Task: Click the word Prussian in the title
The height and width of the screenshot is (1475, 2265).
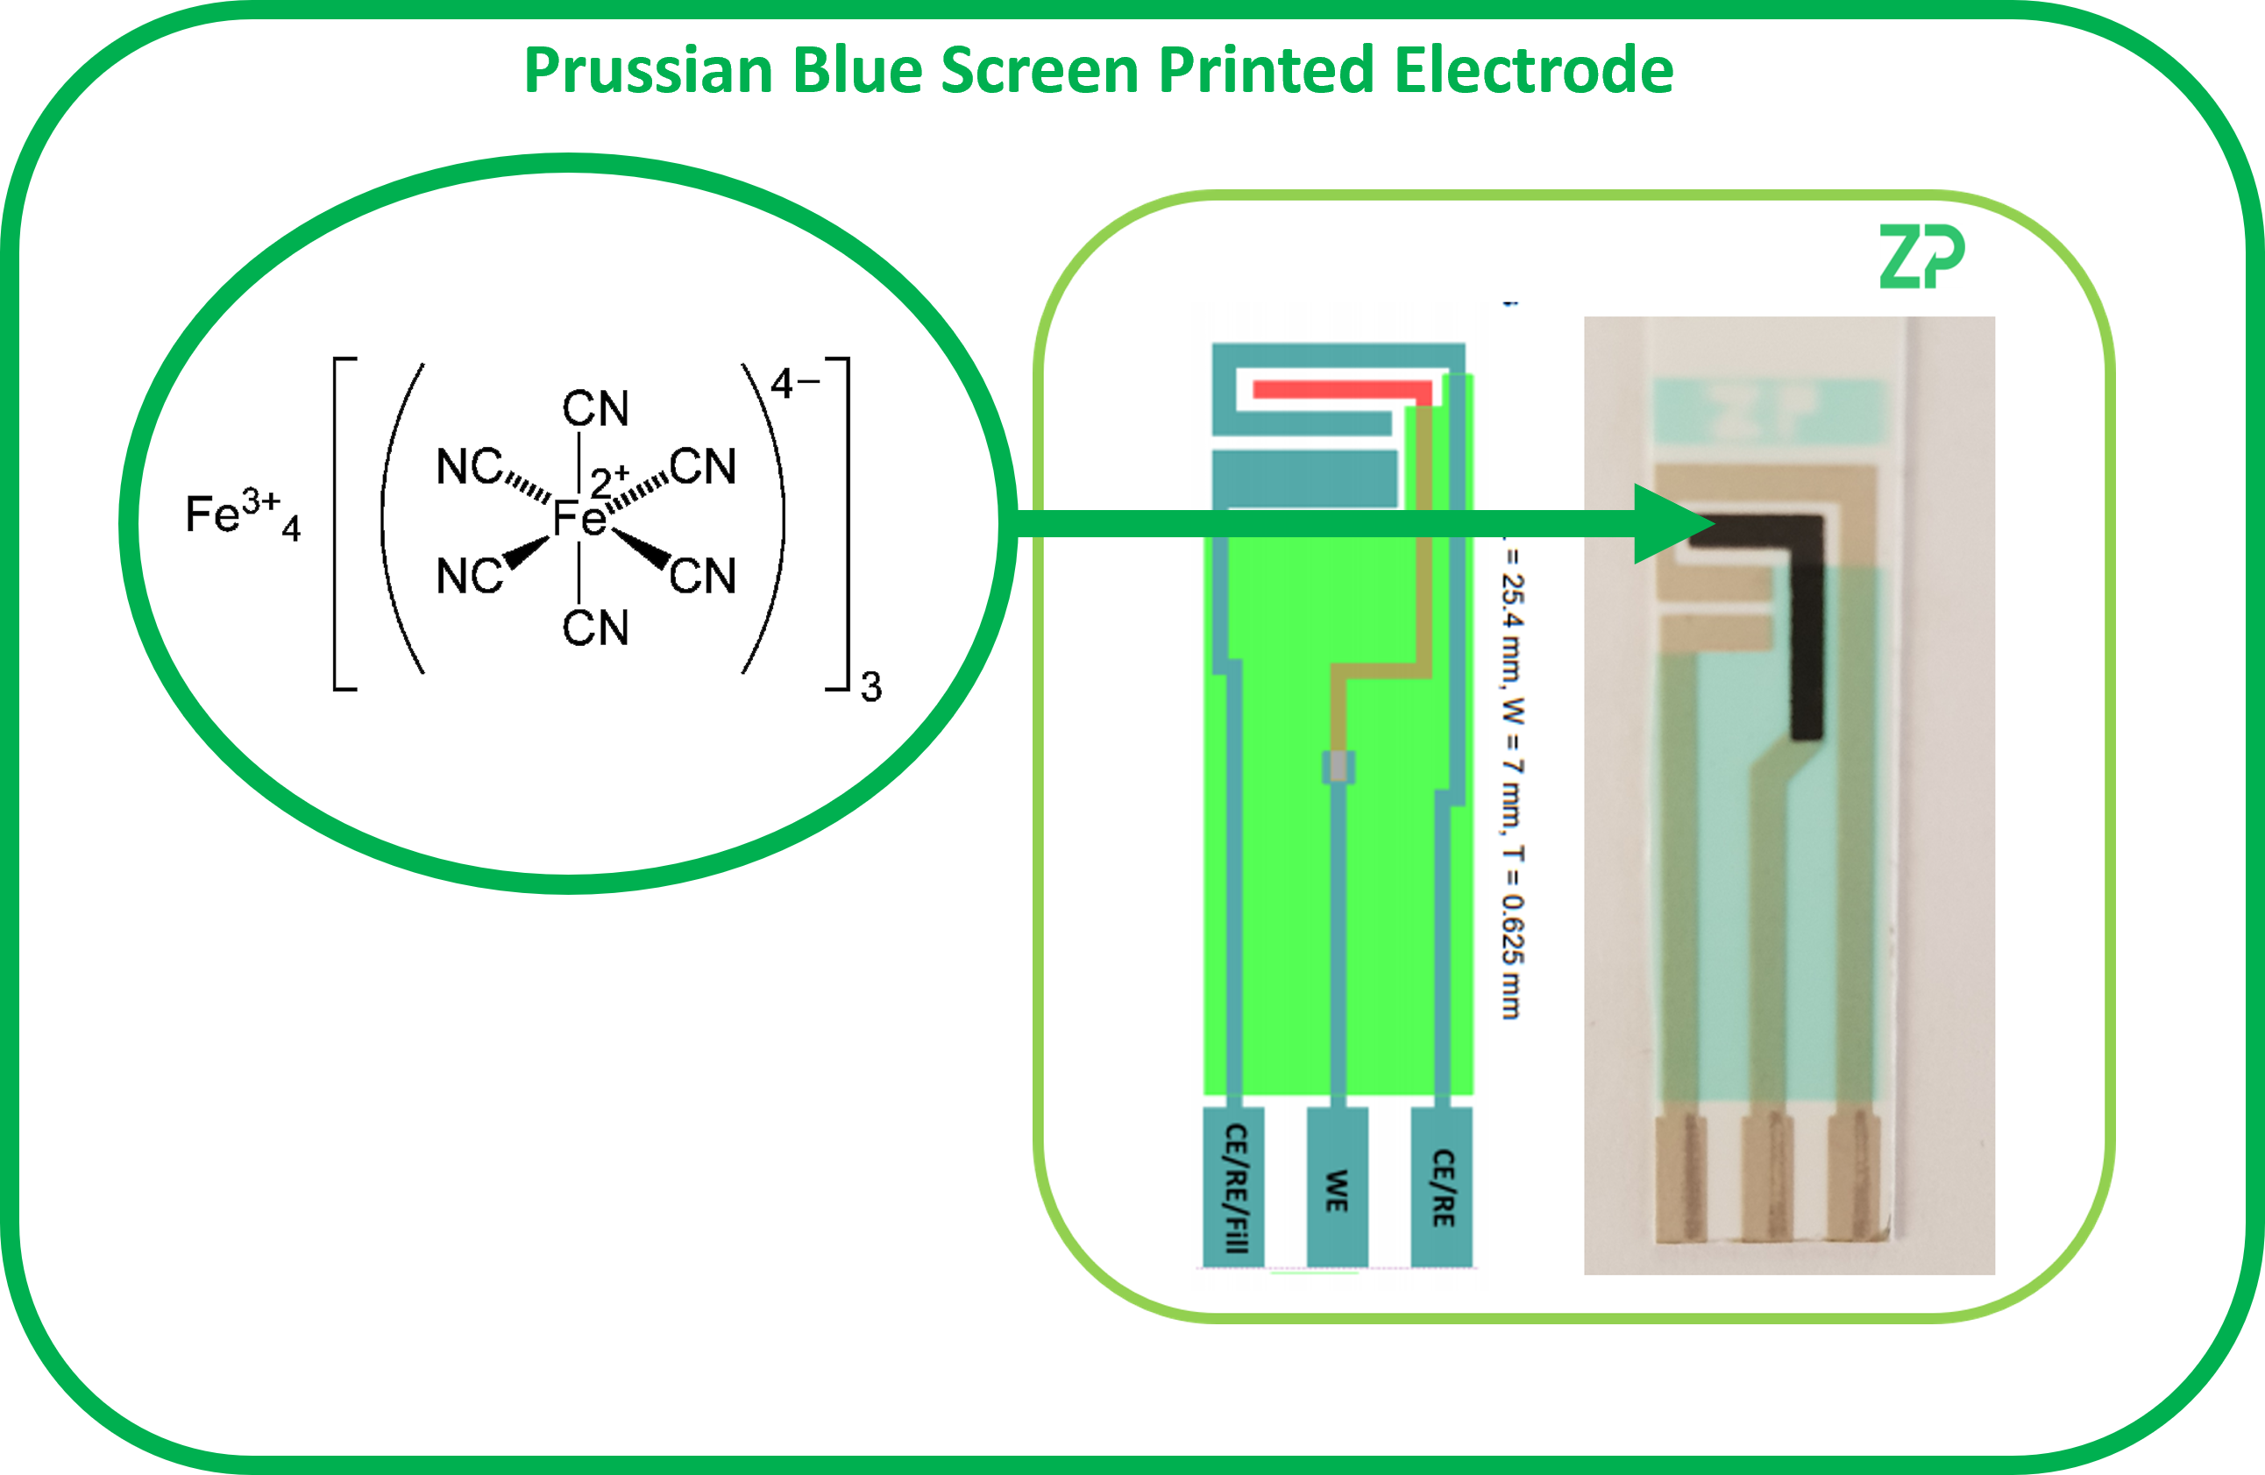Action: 647,71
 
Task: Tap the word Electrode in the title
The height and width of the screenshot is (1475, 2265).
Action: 1533,71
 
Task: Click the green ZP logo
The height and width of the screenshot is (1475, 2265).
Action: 1921,257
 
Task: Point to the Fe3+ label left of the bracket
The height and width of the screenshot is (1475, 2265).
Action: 233,514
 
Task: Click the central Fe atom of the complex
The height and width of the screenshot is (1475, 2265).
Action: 579,519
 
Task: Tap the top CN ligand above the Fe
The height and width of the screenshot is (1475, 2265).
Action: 596,409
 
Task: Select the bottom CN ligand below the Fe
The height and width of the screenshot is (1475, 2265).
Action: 596,628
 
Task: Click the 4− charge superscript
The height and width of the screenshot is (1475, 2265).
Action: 793,384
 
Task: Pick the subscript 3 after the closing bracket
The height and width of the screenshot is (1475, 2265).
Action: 870,687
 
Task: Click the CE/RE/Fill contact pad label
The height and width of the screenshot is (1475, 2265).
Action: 1234,1188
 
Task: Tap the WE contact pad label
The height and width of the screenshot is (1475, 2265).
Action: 1337,1190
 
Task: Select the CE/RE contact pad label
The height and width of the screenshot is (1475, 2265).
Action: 1443,1188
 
